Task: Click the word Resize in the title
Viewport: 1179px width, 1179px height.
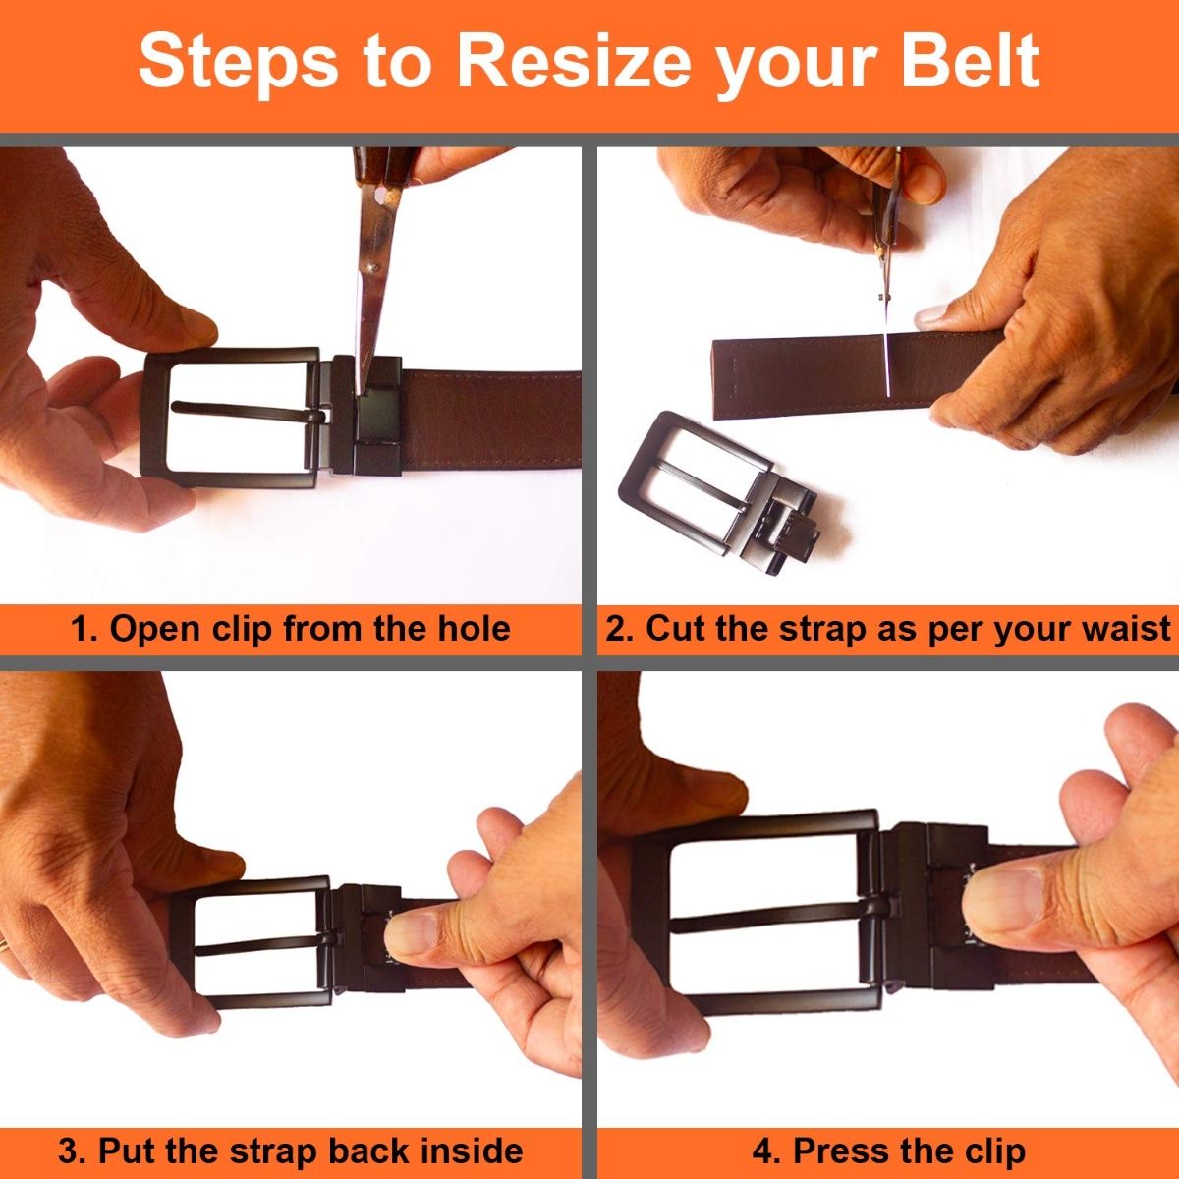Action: coord(574,61)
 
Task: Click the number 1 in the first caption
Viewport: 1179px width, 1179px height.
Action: coord(79,629)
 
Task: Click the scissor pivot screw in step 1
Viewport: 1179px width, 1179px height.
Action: coord(371,267)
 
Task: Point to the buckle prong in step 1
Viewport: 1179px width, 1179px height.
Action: coord(248,411)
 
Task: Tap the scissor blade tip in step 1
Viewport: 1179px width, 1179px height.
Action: coord(362,392)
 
